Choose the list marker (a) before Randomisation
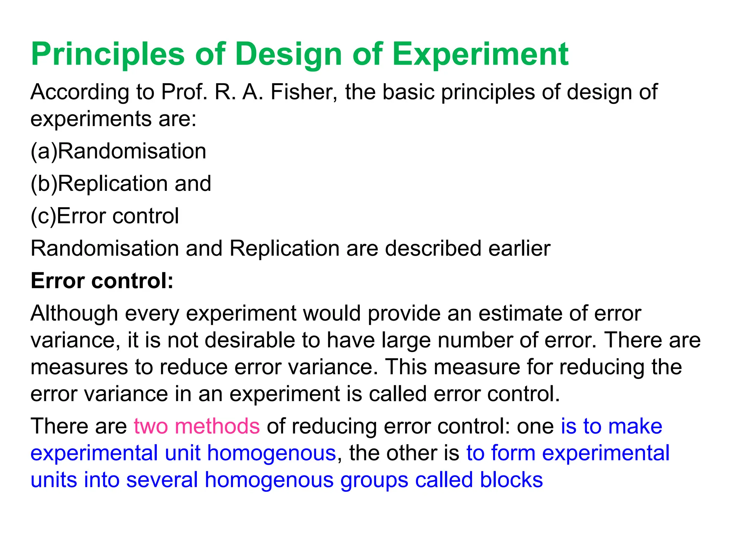coord(44,151)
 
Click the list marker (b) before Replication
coord(44,184)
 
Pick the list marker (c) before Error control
coord(43,216)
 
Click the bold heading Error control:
coord(102,281)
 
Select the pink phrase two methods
coord(196,426)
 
